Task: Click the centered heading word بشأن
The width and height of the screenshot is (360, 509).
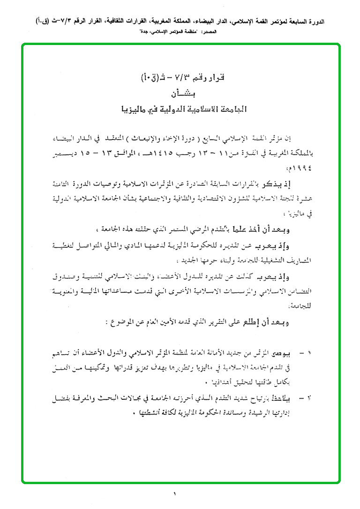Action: [x=180, y=92]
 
